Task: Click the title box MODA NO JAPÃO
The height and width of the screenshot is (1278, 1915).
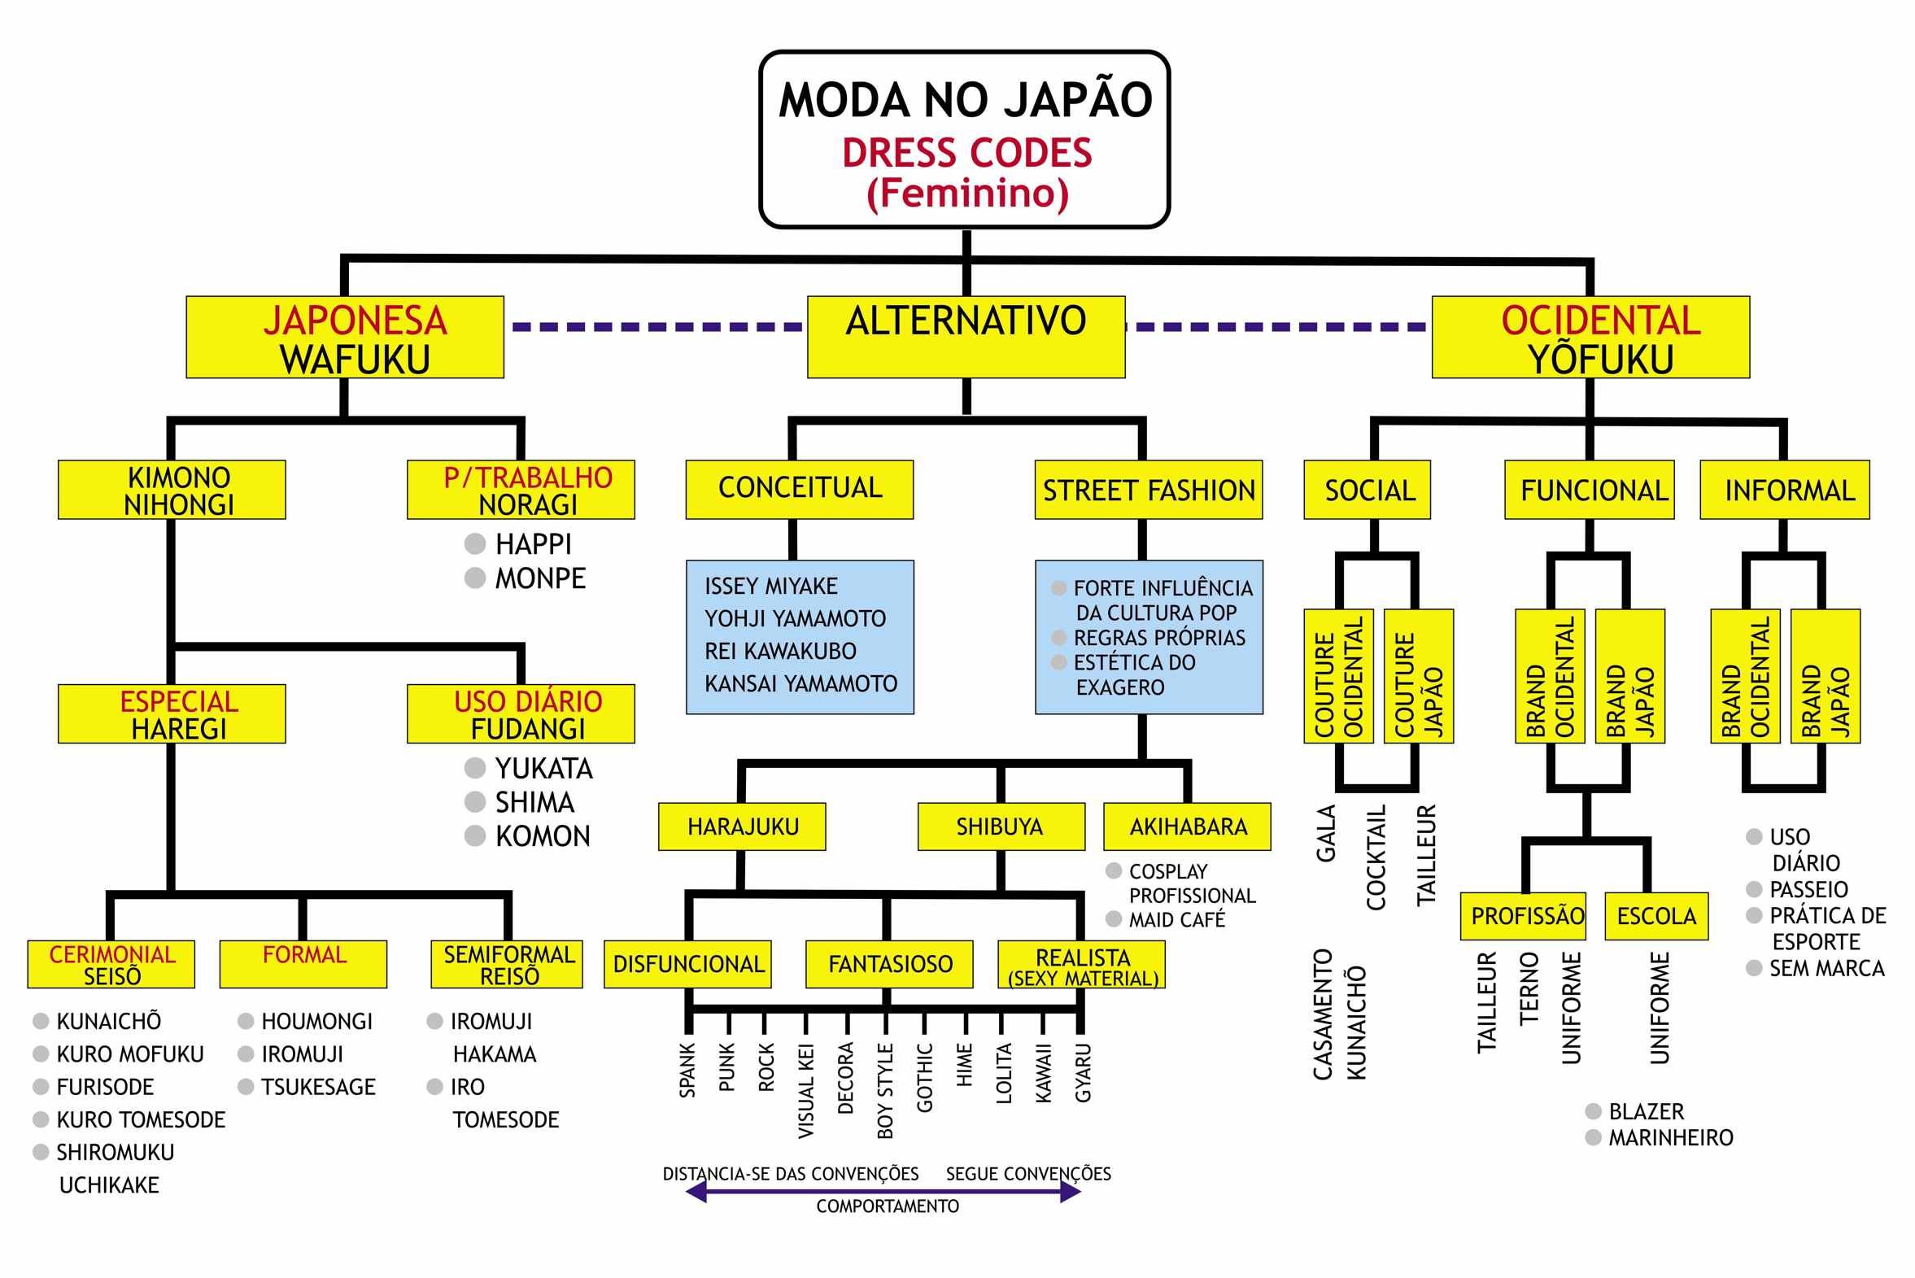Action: coord(964,138)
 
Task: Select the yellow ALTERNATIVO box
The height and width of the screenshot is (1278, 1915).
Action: coord(966,337)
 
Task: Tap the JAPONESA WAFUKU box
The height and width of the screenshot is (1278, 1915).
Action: coord(345,337)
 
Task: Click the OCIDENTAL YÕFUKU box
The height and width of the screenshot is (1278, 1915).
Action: coord(1590,337)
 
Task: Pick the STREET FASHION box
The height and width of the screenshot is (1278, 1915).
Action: coord(1148,490)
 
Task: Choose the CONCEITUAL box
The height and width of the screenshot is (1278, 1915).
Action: coord(800,489)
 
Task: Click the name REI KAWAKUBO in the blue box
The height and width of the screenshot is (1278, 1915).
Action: coord(780,652)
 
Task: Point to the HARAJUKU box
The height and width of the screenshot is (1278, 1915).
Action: coord(743,827)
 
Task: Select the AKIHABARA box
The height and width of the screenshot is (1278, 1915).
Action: coord(1187,827)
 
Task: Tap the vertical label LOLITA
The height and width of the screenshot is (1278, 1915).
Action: coord(1004,1074)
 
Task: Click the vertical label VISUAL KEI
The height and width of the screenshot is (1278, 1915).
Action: coord(806,1091)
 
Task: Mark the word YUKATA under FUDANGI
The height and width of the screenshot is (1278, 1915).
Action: coord(543,769)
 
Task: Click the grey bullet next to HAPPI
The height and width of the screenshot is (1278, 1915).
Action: coord(475,543)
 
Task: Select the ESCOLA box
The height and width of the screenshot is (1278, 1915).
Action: coord(1655,916)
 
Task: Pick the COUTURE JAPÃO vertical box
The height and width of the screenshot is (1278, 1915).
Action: coord(1418,677)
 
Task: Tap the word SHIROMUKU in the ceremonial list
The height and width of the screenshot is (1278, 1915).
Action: coord(115,1153)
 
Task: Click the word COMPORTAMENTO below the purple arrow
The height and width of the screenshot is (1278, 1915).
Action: coord(888,1206)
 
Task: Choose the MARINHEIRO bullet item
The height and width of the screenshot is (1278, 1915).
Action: coord(1670,1138)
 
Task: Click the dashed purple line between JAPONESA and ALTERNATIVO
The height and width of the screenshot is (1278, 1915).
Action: coord(656,327)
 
